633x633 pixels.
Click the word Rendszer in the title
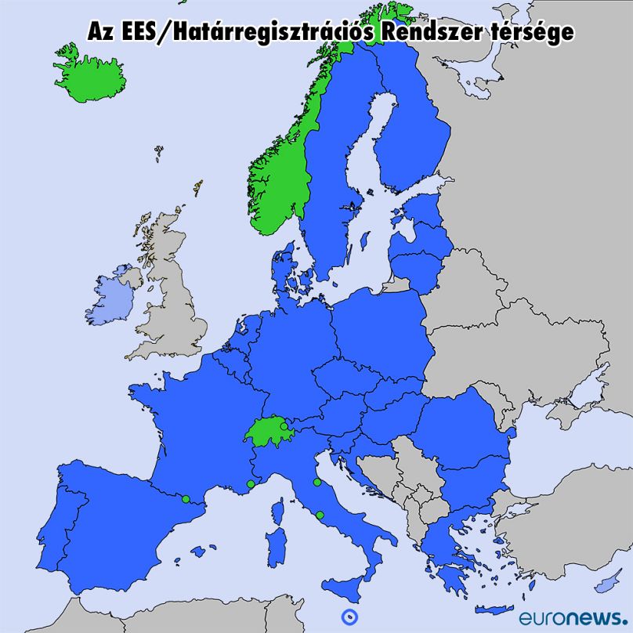[x=427, y=32]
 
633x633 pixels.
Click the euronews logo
[x=573, y=616]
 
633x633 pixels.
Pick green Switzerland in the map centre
[x=266, y=430]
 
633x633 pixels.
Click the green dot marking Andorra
[x=186, y=499]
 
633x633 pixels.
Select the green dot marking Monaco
[x=251, y=484]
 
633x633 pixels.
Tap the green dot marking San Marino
[x=316, y=483]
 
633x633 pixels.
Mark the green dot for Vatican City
[x=320, y=515]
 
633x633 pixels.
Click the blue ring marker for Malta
[x=348, y=616]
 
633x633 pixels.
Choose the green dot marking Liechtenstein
[x=284, y=427]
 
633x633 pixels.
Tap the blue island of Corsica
[x=281, y=505]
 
